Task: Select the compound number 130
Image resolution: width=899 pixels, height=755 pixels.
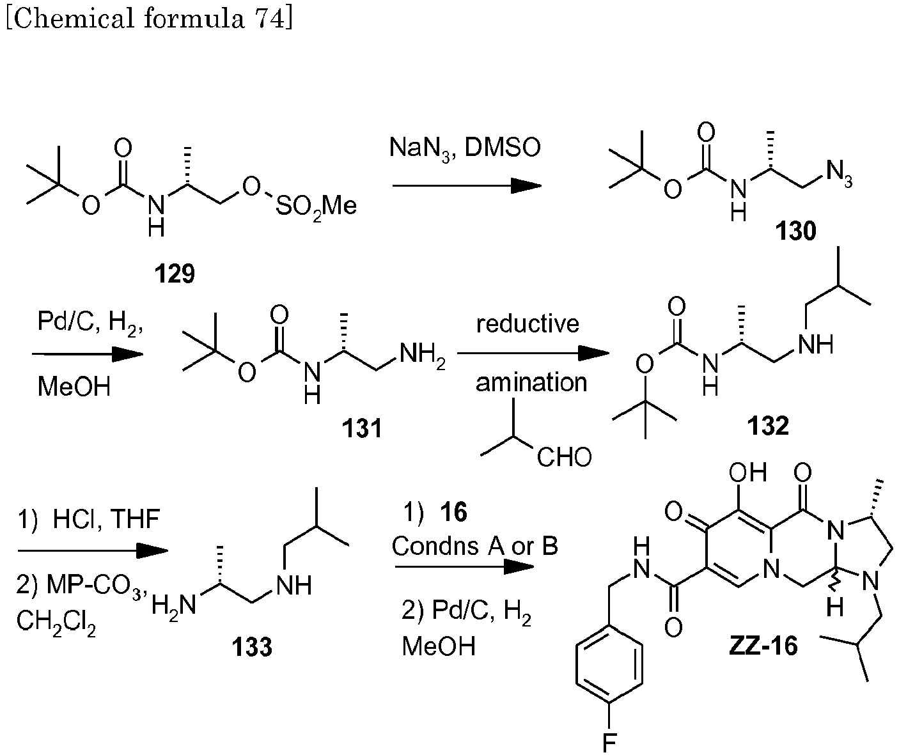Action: tap(795, 231)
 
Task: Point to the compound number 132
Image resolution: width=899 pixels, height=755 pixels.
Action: tap(767, 425)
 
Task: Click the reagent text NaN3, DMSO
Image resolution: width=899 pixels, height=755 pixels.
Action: tap(465, 149)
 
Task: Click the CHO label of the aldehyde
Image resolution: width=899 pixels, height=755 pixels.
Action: tap(564, 457)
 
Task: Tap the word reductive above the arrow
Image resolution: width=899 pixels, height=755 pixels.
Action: tap(528, 323)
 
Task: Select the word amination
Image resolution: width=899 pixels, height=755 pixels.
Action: tap(531, 382)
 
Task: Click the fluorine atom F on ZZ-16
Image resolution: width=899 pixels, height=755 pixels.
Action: tap(608, 742)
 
